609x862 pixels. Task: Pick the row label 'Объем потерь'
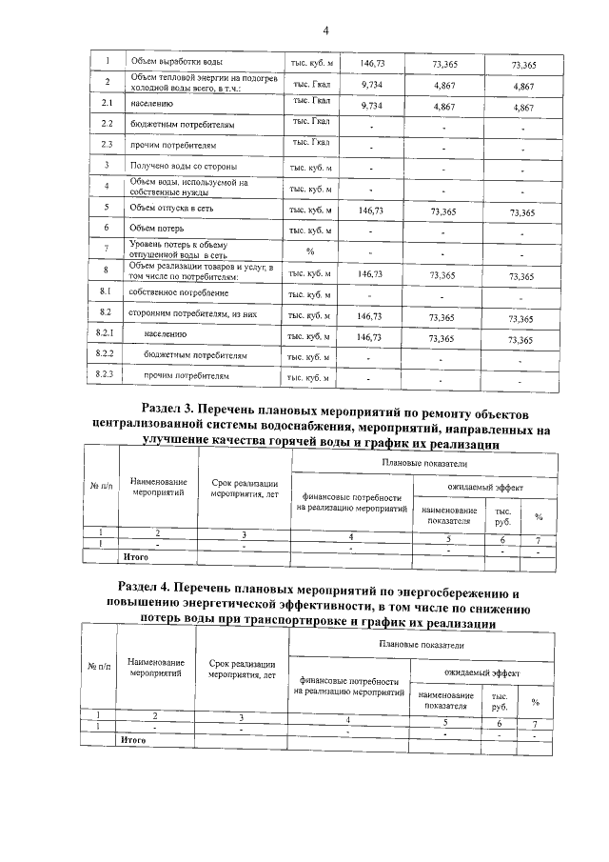[x=153, y=229]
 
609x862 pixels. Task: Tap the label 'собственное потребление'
[x=176, y=293]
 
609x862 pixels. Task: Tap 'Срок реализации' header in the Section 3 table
[x=245, y=484]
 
